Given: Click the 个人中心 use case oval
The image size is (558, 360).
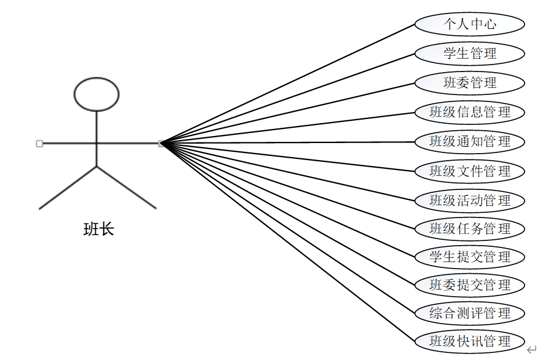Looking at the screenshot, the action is click(x=469, y=24).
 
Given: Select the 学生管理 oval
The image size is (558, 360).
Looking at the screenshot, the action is click(x=469, y=53).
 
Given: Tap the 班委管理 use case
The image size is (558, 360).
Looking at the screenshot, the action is click(x=469, y=83).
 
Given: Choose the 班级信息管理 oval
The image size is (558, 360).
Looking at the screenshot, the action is click(x=469, y=111).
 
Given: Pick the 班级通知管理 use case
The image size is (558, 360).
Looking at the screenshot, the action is click(x=469, y=141).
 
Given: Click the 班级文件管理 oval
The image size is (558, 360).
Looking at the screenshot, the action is click(x=469, y=171).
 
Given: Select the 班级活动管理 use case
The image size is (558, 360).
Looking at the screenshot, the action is click(x=469, y=200).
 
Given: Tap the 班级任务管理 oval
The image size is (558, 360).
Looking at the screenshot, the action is click(x=469, y=228).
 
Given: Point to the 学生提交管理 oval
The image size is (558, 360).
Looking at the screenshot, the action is click(x=469, y=256).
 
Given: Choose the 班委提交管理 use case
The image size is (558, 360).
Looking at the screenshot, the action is click(x=469, y=285).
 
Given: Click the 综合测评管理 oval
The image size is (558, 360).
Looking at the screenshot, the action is click(x=469, y=313).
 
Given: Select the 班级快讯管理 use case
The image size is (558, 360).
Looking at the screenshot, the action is click(x=469, y=341).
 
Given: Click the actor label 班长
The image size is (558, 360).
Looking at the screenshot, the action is click(x=99, y=229).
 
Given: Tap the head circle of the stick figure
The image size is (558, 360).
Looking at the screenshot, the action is click(x=96, y=94).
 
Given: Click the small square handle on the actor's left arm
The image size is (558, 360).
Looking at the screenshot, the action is click(x=39, y=143).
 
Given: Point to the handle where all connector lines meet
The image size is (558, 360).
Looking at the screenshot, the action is click(x=161, y=143).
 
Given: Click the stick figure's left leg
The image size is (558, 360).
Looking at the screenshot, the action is click(x=67, y=188).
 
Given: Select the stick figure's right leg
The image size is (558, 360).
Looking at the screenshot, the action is click(x=126, y=188).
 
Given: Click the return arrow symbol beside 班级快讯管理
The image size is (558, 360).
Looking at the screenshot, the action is click(x=532, y=350).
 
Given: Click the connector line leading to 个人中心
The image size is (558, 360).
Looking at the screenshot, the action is click(x=288, y=84).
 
